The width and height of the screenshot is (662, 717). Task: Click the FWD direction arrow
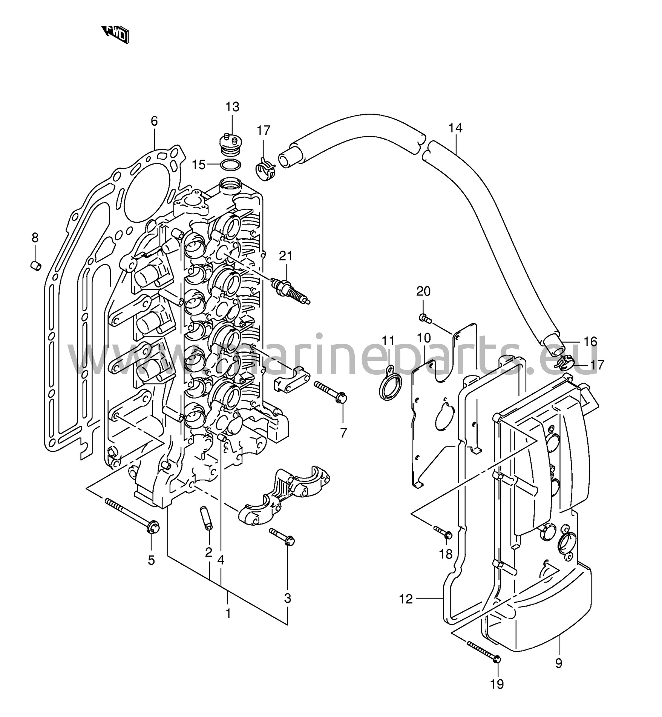[116, 34]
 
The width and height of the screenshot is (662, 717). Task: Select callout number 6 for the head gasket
[154, 121]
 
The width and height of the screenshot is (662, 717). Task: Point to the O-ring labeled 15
[230, 165]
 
